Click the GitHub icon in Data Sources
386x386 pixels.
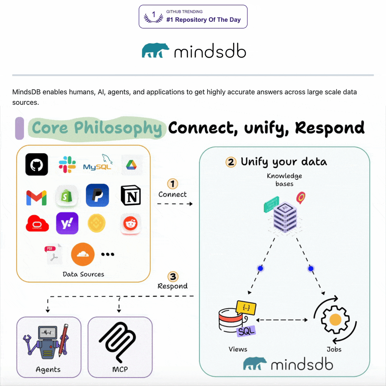(x=36, y=164)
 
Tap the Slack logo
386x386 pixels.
(x=67, y=165)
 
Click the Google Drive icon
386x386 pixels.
(x=132, y=165)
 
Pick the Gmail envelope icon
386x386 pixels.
(x=36, y=198)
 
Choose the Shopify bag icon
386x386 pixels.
(x=67, y=196)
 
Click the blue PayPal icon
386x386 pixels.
(x=97, y=195)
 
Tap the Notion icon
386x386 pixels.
(x=131, y=196)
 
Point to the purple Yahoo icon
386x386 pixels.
(x=67, y=223)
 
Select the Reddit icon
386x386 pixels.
(x=130, y=224)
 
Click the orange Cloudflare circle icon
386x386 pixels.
(x=83, y=254)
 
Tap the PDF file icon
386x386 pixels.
(x=53, y=254)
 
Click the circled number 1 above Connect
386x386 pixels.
(x=173, y=184)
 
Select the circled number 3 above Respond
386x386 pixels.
(x=173, y=277)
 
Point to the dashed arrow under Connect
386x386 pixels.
(x=175, y=204)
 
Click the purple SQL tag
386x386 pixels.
(x=247, y=331)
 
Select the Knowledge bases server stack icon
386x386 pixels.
(x=285, y=216)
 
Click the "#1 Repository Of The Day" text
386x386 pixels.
(x=203, y=20)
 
